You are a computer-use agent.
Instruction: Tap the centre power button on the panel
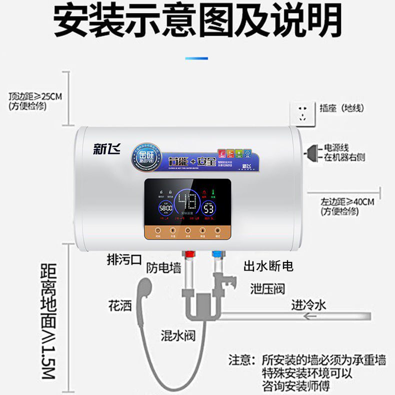click(x=187, y=231)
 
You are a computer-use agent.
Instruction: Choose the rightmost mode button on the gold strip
click(x=217, y=231)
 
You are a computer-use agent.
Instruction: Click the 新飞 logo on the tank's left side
click(x=106, y=148)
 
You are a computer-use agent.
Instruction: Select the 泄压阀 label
click(x=267, y=289)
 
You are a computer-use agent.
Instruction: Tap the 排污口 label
click(x=124, y=259)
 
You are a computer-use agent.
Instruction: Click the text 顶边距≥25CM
click(x=35, y=96)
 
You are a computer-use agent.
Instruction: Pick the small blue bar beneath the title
click(x=196, y=58)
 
